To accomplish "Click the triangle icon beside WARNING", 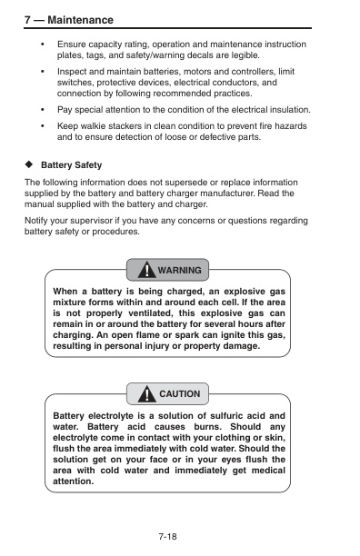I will click(x=145, y=270).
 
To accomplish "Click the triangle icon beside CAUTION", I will click(x=145, y=393).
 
